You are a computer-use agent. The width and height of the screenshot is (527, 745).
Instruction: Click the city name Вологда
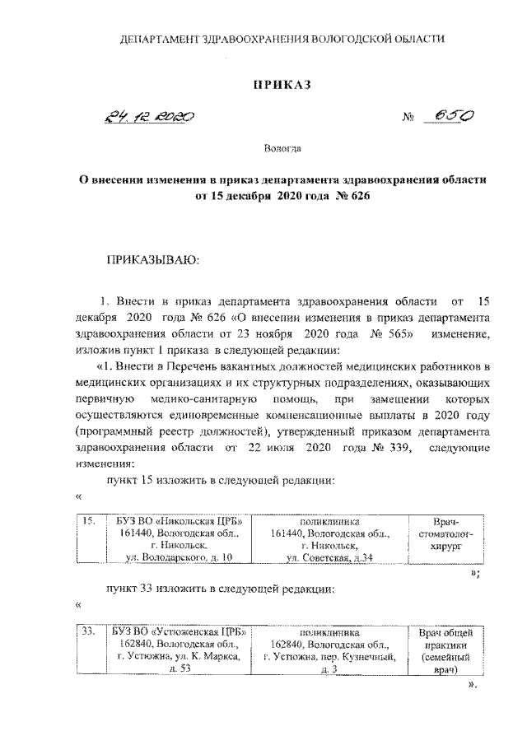pos(282,149)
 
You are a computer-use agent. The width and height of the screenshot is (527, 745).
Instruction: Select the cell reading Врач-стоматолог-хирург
pos(445,533)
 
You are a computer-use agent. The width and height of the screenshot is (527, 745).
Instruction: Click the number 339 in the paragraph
pos(388,448)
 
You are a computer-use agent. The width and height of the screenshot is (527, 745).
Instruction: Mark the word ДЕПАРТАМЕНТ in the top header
pos(161,38)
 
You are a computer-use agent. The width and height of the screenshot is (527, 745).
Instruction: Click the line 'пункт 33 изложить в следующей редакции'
pos(218,589)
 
